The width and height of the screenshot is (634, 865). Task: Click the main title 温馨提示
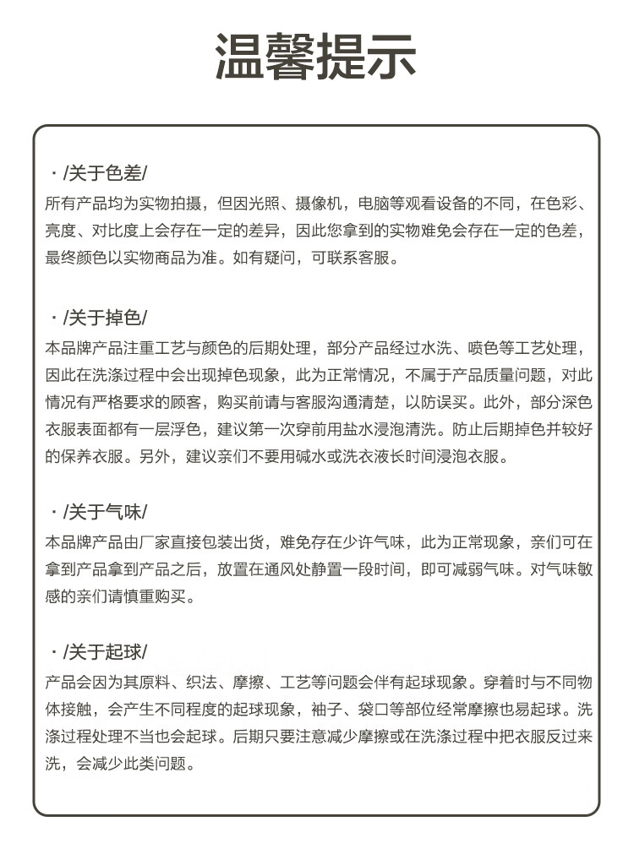tap(316, 57)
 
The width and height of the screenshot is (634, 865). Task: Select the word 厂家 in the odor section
tap(161, 541)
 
